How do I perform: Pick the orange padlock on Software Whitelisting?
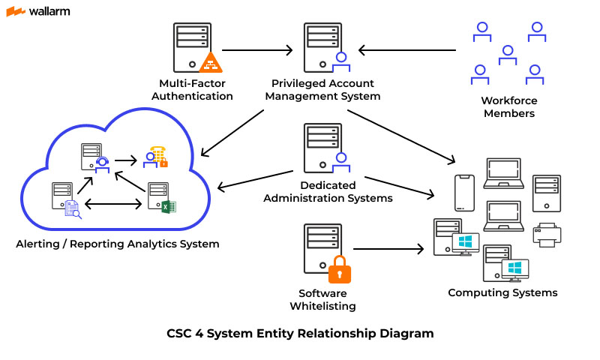tap(339, 269)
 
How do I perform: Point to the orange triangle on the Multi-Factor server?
tap(211, 61)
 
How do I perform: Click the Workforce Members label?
tap(509, 106)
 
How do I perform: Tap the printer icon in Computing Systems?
tap(547, 235)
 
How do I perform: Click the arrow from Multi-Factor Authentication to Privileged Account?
tap(257, 51)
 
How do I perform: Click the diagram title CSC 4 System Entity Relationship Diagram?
tap(300, 333)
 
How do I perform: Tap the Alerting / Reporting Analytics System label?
tap(118, 244)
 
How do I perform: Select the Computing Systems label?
tap(502, 292)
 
